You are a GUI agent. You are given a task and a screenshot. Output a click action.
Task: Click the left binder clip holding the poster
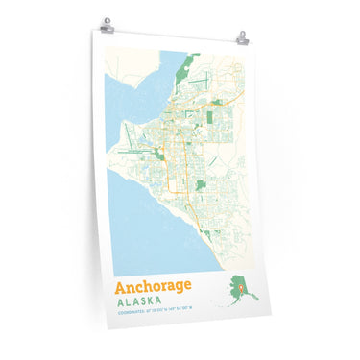pos(107,22)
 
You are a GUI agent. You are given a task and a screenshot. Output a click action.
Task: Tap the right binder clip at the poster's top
pos(243,37)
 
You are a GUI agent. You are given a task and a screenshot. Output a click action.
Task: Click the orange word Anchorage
pos(153,286)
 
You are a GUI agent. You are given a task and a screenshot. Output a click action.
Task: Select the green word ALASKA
pos(150,302)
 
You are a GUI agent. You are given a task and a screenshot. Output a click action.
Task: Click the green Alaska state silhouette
pos(234,287)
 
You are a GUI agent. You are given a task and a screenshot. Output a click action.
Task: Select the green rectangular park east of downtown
pos(212,118)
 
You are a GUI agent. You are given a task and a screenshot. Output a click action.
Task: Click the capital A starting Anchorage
pos(121,286)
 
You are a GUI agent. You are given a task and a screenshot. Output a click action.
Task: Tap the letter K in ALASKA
pos(167,302)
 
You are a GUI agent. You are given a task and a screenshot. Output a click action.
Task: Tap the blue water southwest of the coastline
pos(144,240)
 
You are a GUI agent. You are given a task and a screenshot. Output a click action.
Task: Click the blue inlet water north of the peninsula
pos(134,96)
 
